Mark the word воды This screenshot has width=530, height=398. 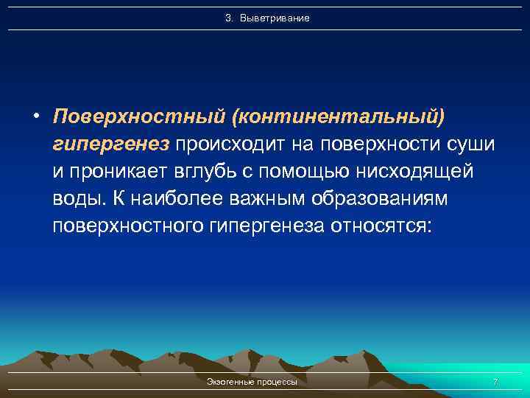pos(79,198)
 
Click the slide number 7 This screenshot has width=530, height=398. pos(495,383)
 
